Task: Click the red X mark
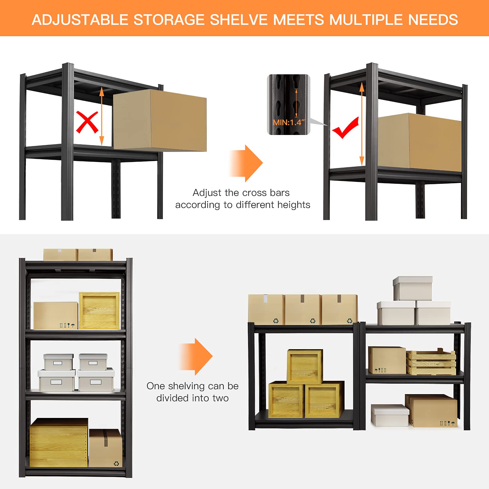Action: point(87,122)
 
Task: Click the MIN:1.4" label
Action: point(289,123)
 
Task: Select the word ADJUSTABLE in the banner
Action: point(80,20)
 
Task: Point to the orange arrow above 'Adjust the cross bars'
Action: point(246,163)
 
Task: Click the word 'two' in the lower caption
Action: point(220,398)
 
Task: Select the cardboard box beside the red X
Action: point(160,120)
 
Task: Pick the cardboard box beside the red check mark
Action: point(420,142)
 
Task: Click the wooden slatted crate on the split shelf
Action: point(431,362)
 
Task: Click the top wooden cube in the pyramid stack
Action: point(305,366)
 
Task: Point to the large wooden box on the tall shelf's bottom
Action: point(59,442)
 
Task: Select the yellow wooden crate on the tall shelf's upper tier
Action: point(99,311)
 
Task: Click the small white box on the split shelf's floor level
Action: point(390,415)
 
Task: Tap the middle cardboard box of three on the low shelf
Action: point(303,309)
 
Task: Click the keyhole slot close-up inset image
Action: point(289,104)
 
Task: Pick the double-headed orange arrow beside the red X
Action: point(101,116)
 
